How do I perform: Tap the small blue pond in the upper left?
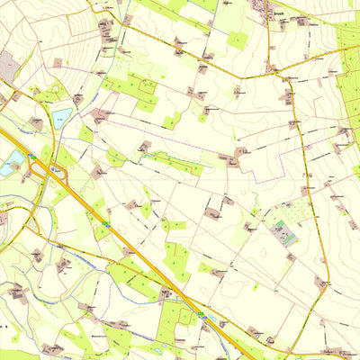(x=62, y=116)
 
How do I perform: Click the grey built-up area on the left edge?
(x=6, y=65)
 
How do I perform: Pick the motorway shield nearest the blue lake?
(x=33, y=157)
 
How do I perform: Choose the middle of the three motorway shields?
(x=106, y=224)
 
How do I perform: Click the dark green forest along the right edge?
(x=348, y=72)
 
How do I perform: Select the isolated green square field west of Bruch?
(x=238, y=40)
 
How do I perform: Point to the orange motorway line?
(x=135, y=253)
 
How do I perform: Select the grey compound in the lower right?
(x=286, y=231)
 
